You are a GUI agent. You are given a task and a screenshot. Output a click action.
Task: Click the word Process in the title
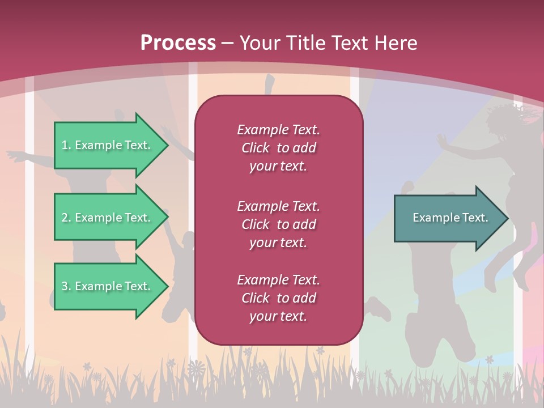[x=178, y=43]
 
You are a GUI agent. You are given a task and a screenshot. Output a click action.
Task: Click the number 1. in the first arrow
[x=66, y=145]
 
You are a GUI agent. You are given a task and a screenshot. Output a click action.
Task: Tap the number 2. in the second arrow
[x=66, y=218]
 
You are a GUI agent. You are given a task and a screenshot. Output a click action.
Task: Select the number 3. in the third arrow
[x=66, y=286]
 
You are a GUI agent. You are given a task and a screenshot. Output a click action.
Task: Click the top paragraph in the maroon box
[x=278, y=148]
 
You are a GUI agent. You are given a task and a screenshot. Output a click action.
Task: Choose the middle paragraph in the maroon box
[x=278, y=224]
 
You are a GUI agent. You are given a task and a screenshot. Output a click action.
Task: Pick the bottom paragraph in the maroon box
[x=278, y=298]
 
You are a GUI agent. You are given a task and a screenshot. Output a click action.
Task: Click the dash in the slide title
[x=228, y=43]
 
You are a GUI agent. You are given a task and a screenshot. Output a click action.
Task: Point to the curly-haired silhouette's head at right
[x=508, y=122]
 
